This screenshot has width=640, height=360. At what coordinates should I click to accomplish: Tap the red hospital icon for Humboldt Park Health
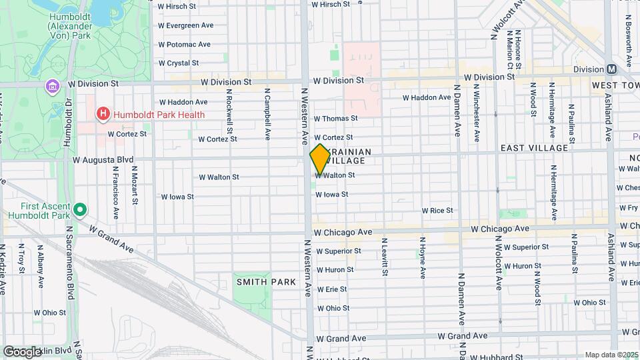click(103, 114)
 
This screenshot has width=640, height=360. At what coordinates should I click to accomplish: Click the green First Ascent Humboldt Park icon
click(81, 211)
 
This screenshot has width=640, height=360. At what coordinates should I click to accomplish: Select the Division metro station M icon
click(611, 69)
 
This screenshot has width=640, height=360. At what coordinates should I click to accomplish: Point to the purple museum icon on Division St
click(52, 86)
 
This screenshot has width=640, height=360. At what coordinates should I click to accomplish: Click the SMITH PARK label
click(265, 282)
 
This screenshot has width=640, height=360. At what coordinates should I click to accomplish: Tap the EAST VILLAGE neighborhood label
click(534, 147)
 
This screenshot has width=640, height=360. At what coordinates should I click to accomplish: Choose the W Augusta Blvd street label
click(103, 160)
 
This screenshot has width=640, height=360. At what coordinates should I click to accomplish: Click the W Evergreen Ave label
click(185, 25)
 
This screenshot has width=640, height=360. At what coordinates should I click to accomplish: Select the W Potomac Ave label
click(184, 44)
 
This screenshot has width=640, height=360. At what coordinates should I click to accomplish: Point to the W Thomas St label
click(335, 118)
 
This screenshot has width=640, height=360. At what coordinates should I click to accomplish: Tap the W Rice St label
click(437, 211)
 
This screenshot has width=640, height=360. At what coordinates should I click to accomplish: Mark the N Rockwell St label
click(229, 111)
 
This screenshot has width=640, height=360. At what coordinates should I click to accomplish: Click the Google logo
click(23, 351)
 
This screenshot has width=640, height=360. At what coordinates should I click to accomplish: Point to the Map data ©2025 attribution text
click(611, 355)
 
